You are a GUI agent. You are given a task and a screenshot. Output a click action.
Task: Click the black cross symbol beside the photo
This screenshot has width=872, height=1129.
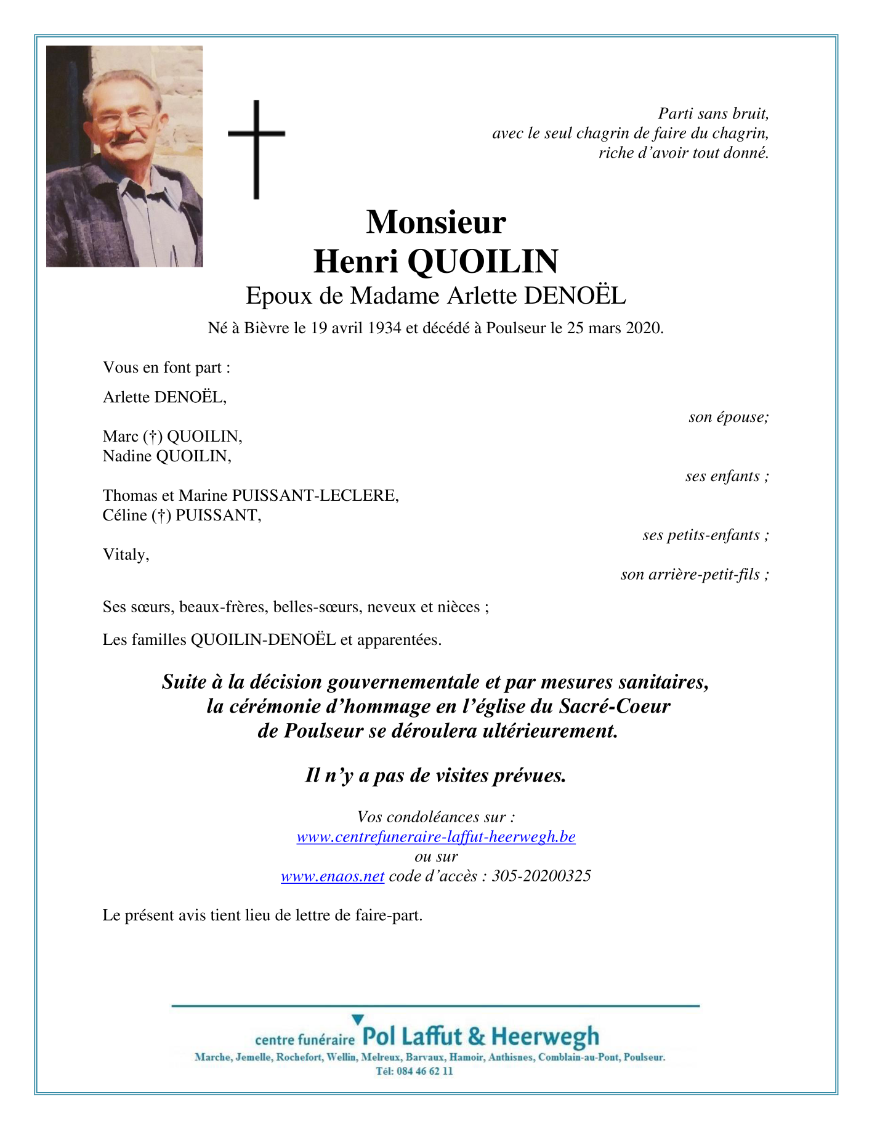256,149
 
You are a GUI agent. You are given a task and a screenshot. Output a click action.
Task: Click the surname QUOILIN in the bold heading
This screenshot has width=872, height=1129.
482,261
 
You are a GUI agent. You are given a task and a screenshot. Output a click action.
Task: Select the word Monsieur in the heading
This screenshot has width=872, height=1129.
436,222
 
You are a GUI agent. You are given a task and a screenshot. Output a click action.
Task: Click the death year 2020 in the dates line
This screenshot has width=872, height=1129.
644,328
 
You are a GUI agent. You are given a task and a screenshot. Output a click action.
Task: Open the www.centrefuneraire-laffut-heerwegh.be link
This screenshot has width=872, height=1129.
436,837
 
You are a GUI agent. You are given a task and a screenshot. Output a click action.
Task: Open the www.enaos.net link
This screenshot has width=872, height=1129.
333,876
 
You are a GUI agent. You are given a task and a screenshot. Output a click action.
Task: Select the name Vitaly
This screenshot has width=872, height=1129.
126,555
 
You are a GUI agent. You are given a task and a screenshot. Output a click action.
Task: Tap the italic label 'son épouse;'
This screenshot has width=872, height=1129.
729,417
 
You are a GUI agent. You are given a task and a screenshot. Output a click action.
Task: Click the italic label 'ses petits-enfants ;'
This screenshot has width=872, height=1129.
705,535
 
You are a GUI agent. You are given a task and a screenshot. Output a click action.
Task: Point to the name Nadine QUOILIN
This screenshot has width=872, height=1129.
167,456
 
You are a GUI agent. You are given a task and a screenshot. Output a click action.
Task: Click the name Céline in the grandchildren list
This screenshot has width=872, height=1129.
125,516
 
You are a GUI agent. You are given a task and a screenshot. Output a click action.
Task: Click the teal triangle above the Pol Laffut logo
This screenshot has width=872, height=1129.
358,1020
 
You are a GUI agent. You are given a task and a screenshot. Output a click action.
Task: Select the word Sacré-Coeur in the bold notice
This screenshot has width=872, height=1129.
614,706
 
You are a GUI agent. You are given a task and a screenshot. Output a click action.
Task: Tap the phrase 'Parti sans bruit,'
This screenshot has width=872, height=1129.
713,113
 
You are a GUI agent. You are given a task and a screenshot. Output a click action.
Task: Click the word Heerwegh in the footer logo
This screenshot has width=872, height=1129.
545,1037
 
